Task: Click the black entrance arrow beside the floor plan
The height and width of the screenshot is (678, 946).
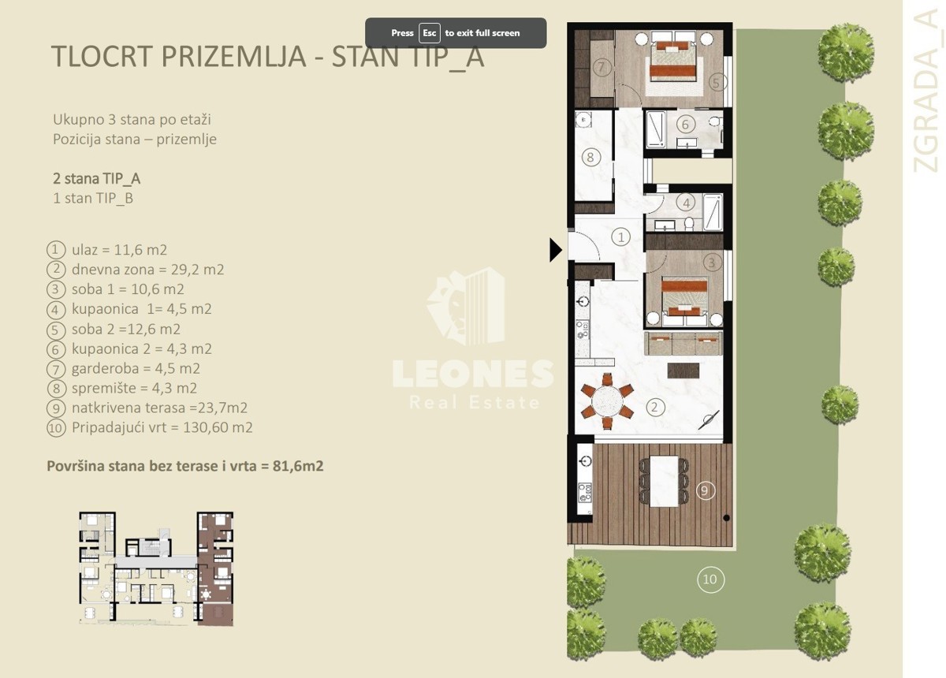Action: [x=555, y=250]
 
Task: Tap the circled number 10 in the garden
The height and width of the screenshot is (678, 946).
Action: [x=710, y=579]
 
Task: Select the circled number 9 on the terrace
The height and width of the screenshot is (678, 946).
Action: [x=705, y=490]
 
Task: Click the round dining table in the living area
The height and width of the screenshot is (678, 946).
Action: [x=607, y=400]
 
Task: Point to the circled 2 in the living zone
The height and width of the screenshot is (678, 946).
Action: [x=655, y=408]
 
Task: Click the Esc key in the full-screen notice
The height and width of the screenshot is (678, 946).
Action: [x=429, y=33]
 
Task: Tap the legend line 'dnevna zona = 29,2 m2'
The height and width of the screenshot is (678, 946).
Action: [x=148, y=270]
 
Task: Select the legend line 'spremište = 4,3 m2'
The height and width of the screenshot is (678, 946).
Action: [x=134, y=388]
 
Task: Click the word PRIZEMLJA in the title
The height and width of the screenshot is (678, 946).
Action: [x=233, y=56]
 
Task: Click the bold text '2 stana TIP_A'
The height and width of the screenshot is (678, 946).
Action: [x=97, y=179]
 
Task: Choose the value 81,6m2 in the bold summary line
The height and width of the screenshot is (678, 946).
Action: [x=298, y=466]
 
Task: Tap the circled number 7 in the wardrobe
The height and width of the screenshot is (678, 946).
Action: [x=601, y=67]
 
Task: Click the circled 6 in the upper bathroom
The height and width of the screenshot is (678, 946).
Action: [x=685, y=125]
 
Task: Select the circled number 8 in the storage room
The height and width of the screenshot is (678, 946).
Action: [x=590, y=158]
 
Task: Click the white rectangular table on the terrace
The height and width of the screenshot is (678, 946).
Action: [x=664, y=481]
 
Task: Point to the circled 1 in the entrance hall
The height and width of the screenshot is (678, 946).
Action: [x=621, y=237]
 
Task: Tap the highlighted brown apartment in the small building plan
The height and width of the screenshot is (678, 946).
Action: [x=215, y=568]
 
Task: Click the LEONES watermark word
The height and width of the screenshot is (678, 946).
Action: [x=473, y=374]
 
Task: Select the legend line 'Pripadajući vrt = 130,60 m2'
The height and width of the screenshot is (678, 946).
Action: [x=162, y=427]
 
